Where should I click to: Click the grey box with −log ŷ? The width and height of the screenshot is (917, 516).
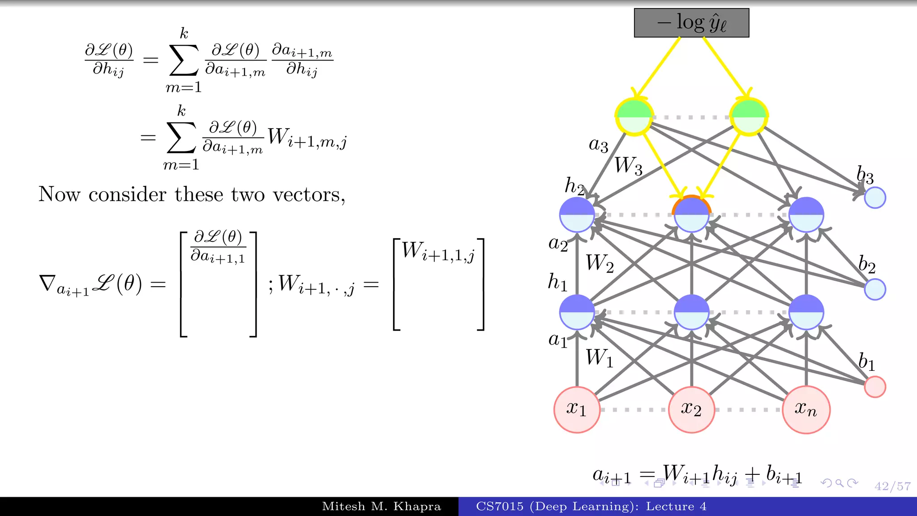691,23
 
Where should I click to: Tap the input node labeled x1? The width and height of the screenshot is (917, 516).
577,409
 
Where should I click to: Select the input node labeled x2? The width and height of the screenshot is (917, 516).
691,409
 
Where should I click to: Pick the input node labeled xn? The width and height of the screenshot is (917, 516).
806,409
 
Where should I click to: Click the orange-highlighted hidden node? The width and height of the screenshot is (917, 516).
691,214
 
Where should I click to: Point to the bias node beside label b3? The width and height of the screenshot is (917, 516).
875,198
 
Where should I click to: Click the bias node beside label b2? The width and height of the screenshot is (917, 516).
875,289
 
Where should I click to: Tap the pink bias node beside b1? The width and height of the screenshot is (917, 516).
875,387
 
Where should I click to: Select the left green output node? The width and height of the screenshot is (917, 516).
634,116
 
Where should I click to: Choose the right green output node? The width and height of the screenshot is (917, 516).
749,116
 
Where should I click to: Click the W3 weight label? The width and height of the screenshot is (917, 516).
628,166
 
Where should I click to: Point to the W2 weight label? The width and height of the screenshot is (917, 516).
600,263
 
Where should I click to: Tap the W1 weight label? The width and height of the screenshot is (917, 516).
600,358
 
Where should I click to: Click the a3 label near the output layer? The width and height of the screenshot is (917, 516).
598,145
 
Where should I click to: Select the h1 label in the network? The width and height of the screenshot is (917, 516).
557,283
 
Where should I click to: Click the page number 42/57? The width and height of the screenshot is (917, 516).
892,486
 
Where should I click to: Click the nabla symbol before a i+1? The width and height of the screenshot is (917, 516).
47,284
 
